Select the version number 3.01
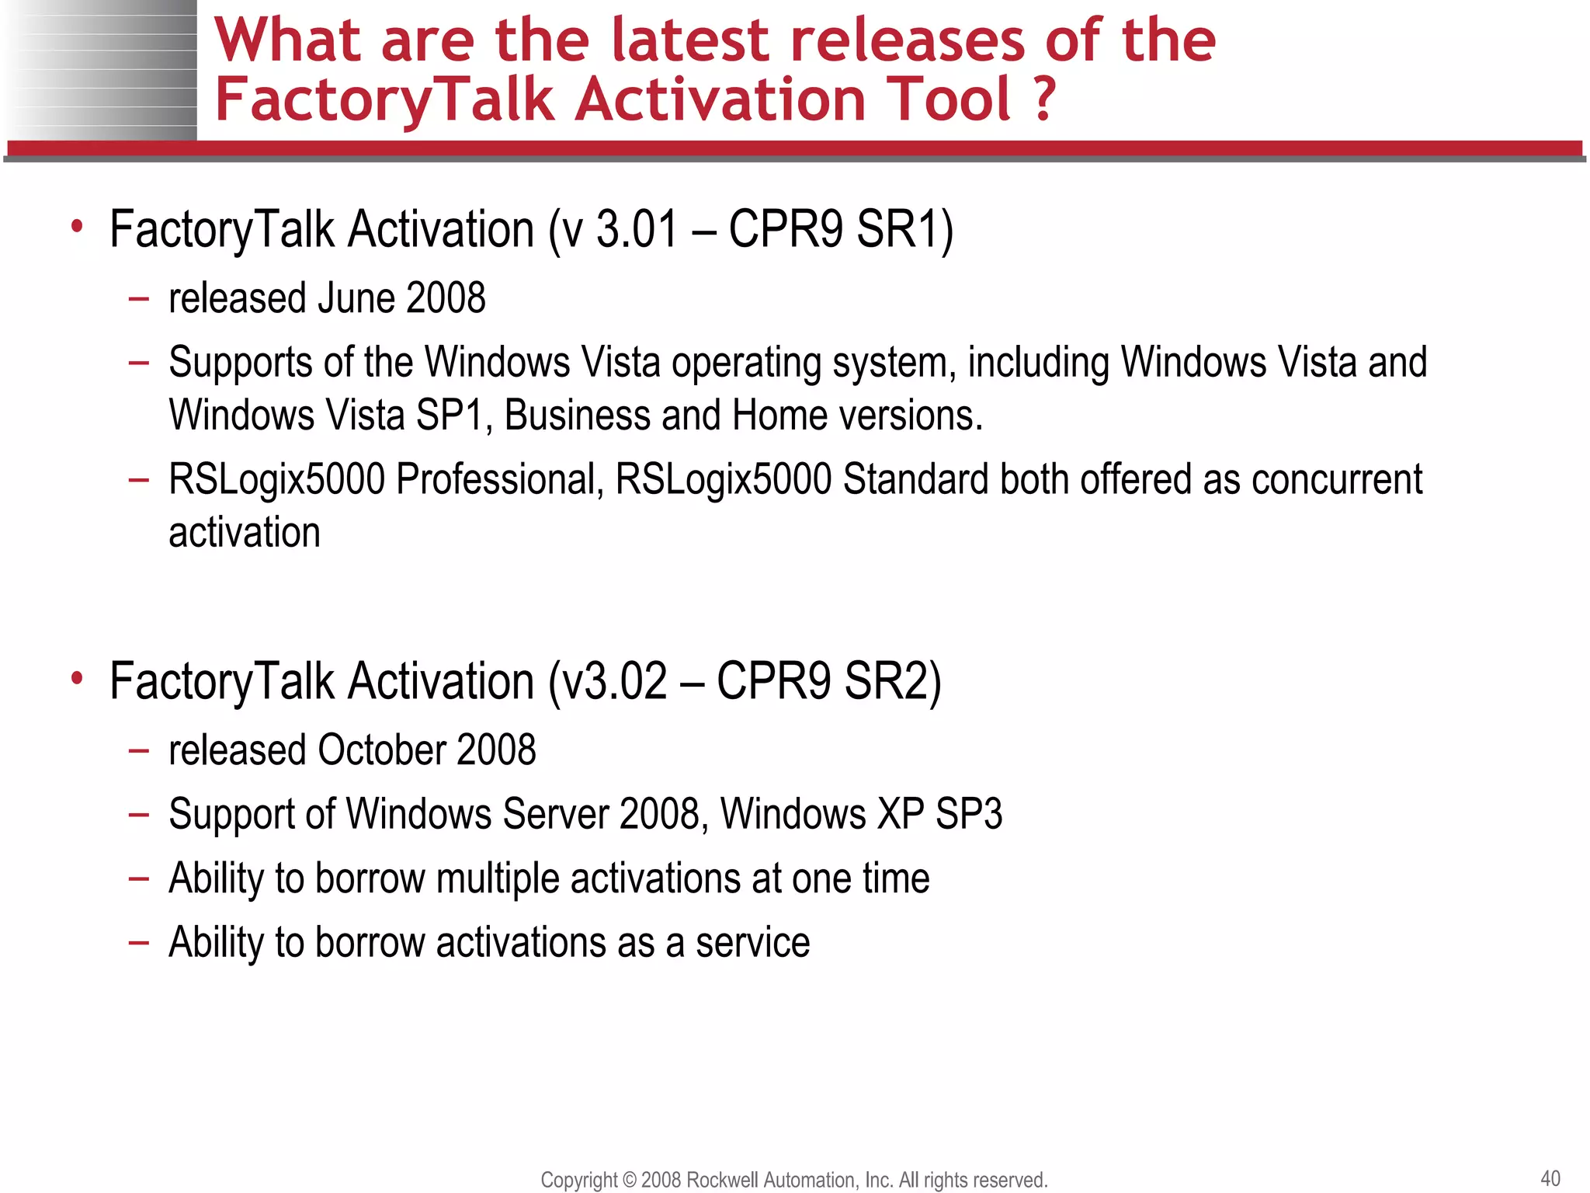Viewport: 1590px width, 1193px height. point(637,229)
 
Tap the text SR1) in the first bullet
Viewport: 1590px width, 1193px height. point(904,229)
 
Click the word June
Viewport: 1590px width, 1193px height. point(357,298)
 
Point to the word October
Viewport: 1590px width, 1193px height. point(380,750)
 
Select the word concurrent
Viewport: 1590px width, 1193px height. point(1336,479)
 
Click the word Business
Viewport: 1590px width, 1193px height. point(577,416)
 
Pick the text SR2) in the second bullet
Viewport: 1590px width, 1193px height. point(893,681)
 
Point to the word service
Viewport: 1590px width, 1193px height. point(752,942)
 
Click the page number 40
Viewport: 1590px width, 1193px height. point(1550,1178)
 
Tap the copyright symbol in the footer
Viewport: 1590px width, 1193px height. point(630,1180)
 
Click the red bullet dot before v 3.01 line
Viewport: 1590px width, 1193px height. point(76,228)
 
